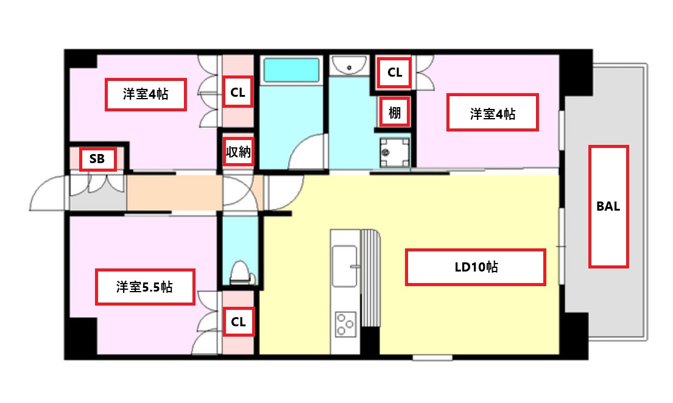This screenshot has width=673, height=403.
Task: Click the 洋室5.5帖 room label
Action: [145, 287]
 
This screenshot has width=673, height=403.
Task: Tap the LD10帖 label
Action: [475, 267]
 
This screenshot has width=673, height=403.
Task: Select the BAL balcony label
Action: [608, 206]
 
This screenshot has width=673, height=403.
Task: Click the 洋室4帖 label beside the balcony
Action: [493, 113]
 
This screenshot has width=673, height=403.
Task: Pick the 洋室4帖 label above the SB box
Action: [146, 94]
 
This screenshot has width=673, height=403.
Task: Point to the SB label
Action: [97, 159]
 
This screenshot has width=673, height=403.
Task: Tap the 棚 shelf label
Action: [395, 113]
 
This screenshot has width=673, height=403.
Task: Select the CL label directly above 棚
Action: [395, 72]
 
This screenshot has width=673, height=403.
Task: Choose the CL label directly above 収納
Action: [238, 93]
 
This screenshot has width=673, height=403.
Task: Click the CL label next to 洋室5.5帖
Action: [238, 322]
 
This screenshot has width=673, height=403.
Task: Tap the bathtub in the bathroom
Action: [291, 71]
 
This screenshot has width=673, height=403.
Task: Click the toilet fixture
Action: [242, 273]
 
